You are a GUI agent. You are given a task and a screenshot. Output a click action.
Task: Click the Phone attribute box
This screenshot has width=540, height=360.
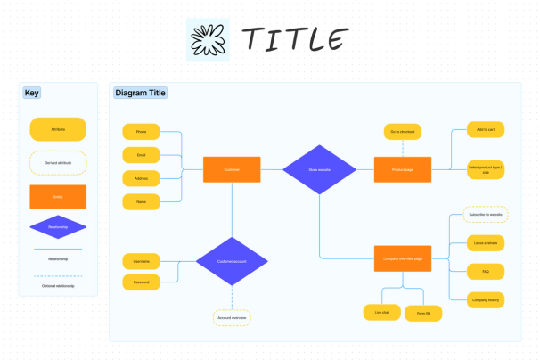click(141, 131)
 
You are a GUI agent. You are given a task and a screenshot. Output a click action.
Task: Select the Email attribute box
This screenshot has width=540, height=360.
click(141, 154)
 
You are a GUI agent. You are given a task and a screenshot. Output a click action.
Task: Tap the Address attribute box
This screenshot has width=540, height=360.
click(141, 178)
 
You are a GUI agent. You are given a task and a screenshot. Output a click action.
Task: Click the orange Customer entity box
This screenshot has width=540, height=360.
click(232, 169)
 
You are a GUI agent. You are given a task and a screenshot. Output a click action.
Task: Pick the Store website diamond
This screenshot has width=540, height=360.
click(319, 169)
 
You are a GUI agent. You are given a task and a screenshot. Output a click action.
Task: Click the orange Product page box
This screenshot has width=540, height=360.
click(402, 169)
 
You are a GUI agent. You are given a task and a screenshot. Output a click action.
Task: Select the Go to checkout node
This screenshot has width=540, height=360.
click(402, 132)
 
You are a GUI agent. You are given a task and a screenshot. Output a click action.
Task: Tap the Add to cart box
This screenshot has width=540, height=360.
click(486, 130)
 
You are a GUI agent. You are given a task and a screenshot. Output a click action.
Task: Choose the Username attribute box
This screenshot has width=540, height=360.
click(141, 260)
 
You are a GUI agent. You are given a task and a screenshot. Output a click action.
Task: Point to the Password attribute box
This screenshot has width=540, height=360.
click(141, 282)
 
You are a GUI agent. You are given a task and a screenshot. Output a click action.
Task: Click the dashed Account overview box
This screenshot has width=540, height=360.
click(232, 317)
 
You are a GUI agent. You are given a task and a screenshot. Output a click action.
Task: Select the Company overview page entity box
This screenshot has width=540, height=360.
click(402, 259)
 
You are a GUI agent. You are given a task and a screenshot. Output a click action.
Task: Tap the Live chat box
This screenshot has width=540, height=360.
click(381, 312)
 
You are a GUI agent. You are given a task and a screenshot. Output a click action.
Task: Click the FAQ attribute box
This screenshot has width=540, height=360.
click(486, 271)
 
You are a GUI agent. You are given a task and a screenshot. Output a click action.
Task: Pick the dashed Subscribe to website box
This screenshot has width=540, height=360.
click(486, 214)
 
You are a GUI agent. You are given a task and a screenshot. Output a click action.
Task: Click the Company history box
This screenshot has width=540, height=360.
click(486, 300)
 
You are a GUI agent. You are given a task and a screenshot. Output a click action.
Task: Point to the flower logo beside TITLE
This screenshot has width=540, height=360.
click(208, 39)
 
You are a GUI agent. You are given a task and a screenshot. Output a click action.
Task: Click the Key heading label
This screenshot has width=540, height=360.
click(32, 93)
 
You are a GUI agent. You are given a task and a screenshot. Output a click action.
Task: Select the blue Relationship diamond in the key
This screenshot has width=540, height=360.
click(58, 227)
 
